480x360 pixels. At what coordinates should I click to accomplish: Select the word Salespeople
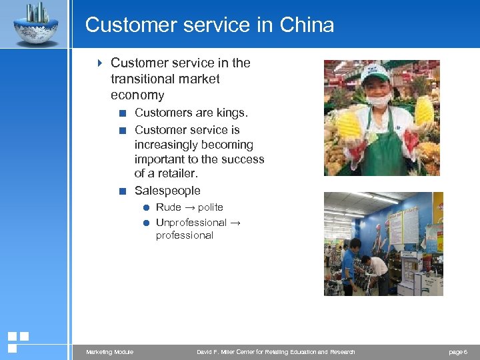[x=167, y=191]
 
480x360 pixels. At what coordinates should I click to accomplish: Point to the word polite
[x=211, y=207]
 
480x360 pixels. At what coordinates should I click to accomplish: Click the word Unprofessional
[x=191, y=222]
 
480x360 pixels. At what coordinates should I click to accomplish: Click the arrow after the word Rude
[x=189, y=207]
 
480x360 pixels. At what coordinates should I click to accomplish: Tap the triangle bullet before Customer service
[x=99, y=63]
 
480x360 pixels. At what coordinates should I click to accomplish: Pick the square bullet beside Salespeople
[x=121, y=191]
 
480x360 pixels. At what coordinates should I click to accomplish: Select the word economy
[x=137, y=95]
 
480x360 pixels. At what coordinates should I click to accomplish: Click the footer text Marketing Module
[x=109, y=352]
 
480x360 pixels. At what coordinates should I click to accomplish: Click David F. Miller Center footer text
[x=275, y=352]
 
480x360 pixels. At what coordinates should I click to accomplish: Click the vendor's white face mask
[x=379, y=99]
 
